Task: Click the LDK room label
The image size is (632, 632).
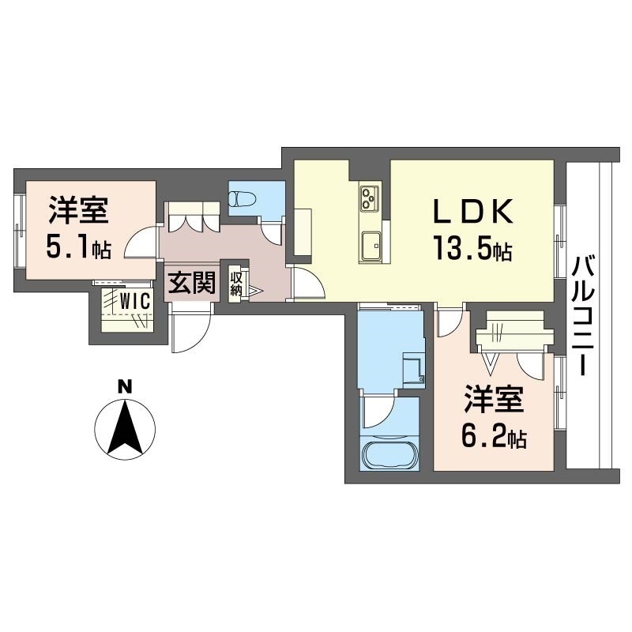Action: pos(473,211)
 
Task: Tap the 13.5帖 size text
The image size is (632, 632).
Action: pos(472,249)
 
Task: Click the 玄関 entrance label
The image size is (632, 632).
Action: pos(191,282)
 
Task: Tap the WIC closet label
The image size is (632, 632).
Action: pos(135,300)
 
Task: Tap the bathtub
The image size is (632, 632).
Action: pos(389,455)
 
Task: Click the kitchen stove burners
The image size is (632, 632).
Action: pos(370,197)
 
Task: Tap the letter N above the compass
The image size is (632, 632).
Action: pos(125,387)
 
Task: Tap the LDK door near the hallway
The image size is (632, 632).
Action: pos(307,283)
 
